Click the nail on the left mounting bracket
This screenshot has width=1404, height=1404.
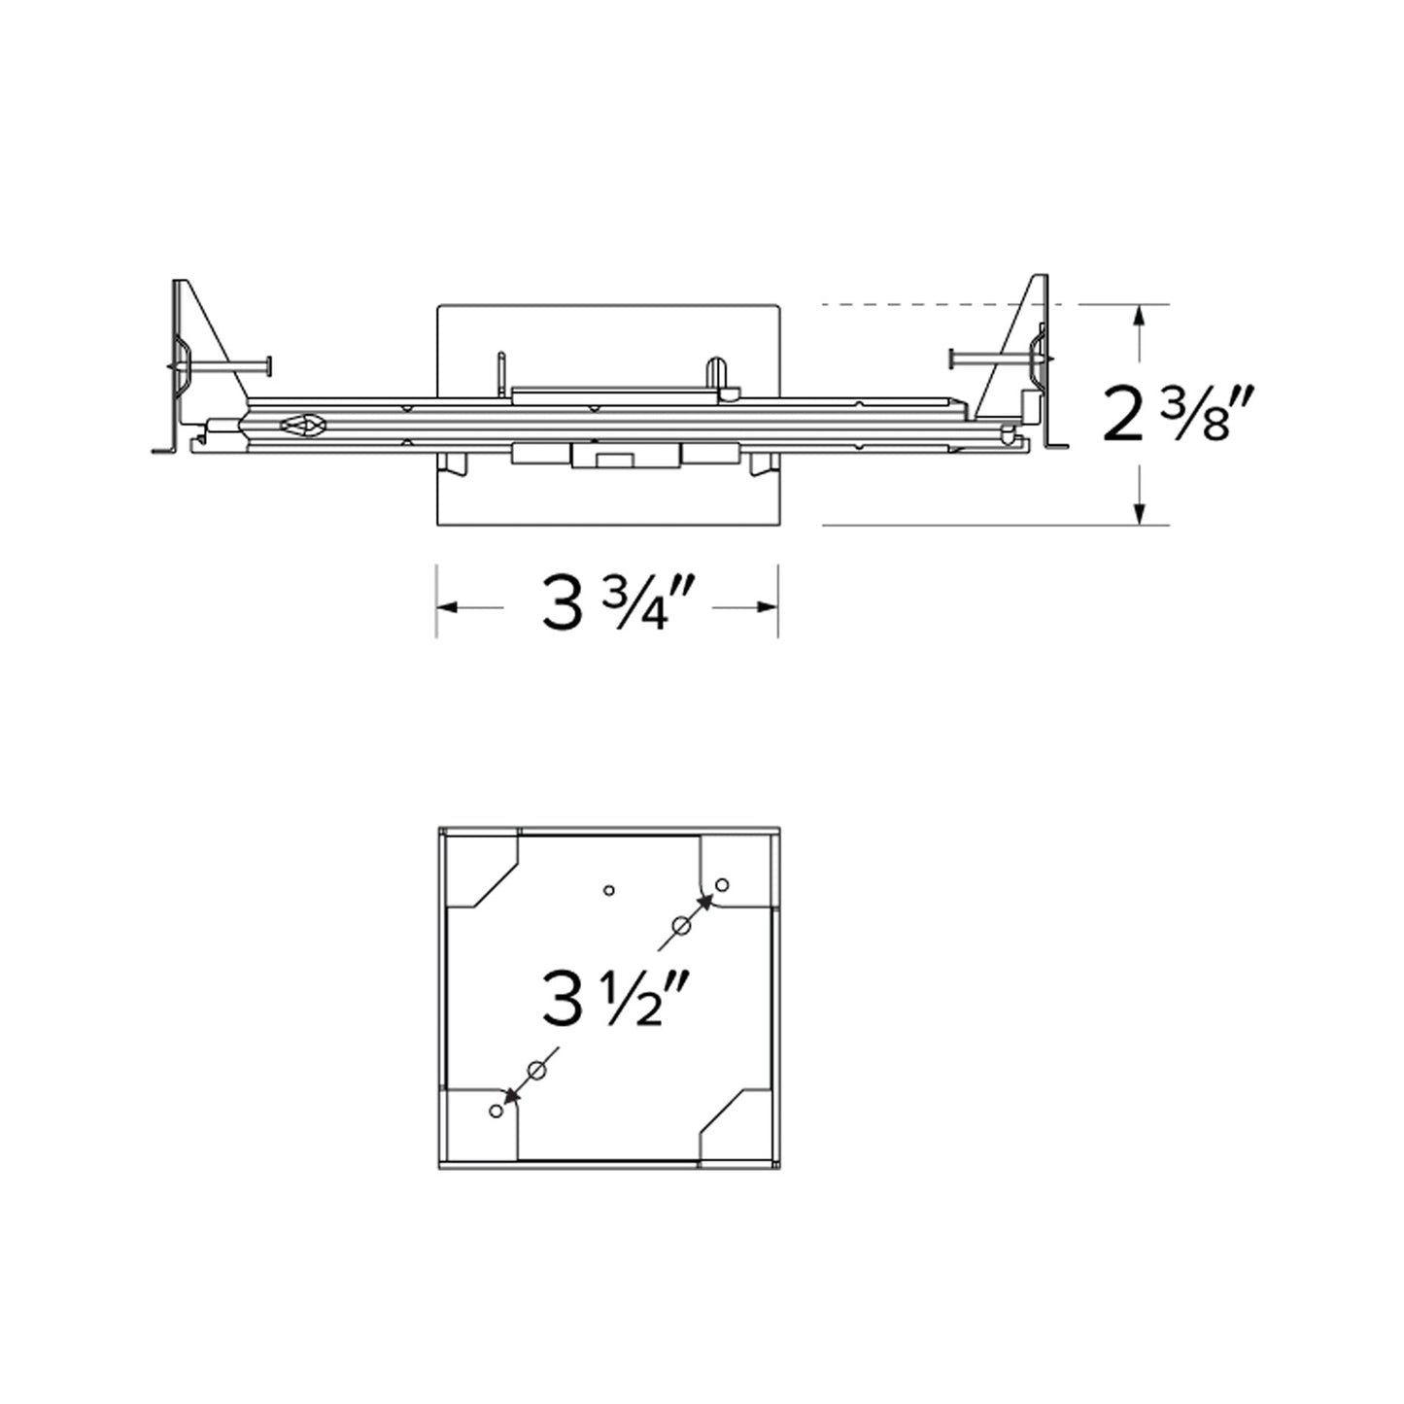coord(223,366)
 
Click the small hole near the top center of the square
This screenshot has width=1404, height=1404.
coord(609,889)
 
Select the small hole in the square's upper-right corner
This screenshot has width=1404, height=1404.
coord(722,884)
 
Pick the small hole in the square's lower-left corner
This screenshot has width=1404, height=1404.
coord(497,1111)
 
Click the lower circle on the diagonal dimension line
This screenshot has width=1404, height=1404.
coord(535,1071)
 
